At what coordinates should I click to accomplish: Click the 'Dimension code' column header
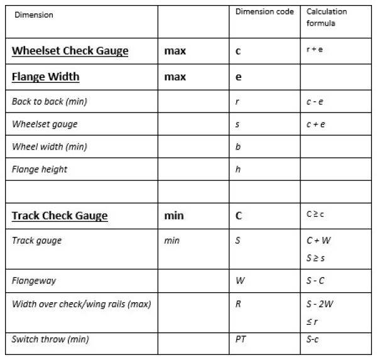tap(264, 12)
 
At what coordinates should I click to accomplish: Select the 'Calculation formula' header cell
tap(326, 18)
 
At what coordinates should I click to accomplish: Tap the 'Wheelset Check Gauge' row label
tap(70, 51)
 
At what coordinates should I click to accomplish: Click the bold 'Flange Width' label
tap(45, 77)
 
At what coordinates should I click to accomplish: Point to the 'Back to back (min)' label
tap(49, 101)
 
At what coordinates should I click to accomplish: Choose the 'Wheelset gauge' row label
tap(44, 124)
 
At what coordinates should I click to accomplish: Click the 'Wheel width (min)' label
tap(49, 146)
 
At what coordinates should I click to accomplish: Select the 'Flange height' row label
tap(39, 169)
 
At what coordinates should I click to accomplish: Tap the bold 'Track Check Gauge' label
tap(60, 215)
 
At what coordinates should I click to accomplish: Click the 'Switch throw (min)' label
tap(50, 339)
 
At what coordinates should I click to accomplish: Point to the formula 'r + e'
tap(314, 50)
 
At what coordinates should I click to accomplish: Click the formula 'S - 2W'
tap(319, 304)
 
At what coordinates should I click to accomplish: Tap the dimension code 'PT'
tap(240, 339)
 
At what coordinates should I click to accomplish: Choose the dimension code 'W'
tap(239, 281)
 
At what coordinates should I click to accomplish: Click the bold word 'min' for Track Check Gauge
tap(174, 215)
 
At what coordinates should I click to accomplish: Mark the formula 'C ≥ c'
tap(315, 214)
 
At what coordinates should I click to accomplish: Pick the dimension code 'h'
tap(238, 169)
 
